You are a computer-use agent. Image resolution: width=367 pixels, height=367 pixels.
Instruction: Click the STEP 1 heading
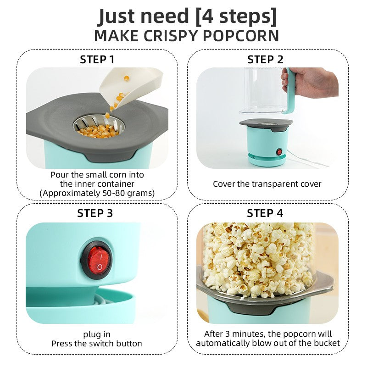pyautogui.click(x=97, y=60)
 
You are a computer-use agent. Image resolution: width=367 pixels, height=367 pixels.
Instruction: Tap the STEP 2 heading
pyautogui.click(x=266, y=60)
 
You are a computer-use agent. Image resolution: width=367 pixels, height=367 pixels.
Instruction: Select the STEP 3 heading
pyautogui.click(x=95, y=213)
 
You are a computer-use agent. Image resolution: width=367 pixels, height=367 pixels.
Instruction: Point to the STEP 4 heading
pyautogui.click(x=266, y=213)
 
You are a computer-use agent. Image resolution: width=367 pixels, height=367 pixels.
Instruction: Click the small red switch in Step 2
pyautogui.click(x=278, y=152)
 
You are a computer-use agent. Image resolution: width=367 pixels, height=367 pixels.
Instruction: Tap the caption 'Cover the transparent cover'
pyautogui.click(x=267, y=184)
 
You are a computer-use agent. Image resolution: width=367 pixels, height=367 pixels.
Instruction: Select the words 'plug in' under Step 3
pyautogui.click(x=97, y=334)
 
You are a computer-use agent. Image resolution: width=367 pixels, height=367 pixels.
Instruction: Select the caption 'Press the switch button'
pyautogui.click(x=97, y=344)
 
